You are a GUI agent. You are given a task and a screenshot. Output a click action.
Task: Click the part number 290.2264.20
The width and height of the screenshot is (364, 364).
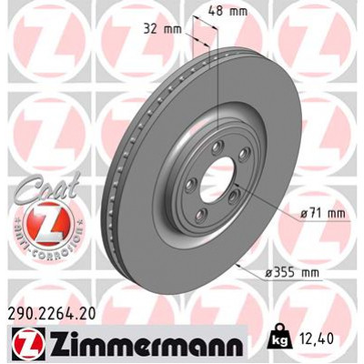[x=56, y=314]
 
